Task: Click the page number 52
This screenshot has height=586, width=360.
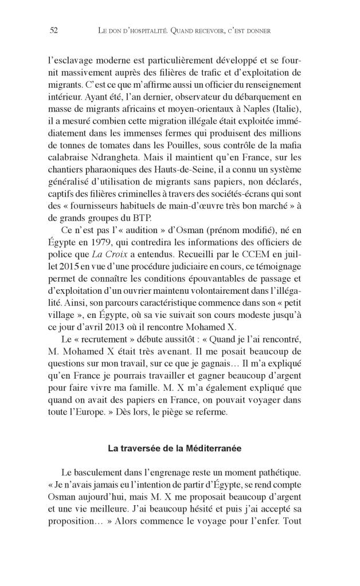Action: pyautogui.click(x=54, y=31)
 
